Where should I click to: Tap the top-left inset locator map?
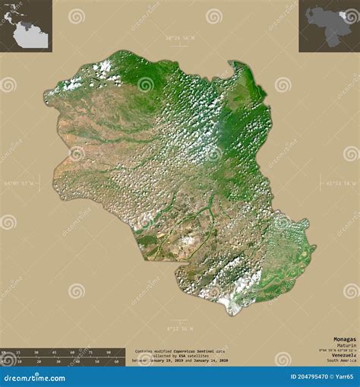pyautogui.click(x=25, y=25)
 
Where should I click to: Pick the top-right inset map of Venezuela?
pyautogui.click(x=328, y=25)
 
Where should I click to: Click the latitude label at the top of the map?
pyautogui.click(x=180, y=37)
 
